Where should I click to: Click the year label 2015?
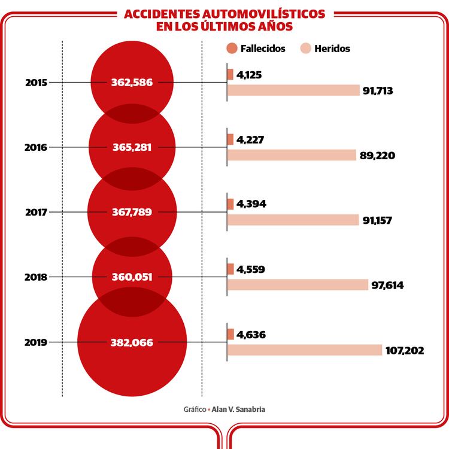[36, 82]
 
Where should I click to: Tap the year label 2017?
[37, 212]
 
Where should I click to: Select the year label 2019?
[36, 343]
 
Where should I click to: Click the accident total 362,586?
[132, 83]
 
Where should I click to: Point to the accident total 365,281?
[132, 147]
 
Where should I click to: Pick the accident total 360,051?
[132, 277]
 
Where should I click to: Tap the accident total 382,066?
[132, 343]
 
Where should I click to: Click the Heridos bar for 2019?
[304, 350]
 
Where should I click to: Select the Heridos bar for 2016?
[292, 155]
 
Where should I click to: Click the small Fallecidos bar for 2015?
[230, 75]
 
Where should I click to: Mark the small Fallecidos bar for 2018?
[230, 269]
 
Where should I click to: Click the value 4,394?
[251, 204]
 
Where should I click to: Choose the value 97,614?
[387, 285]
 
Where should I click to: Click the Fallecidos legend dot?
[231, 48]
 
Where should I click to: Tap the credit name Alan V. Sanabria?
[238, 409]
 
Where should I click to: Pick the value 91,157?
[377, 220]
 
